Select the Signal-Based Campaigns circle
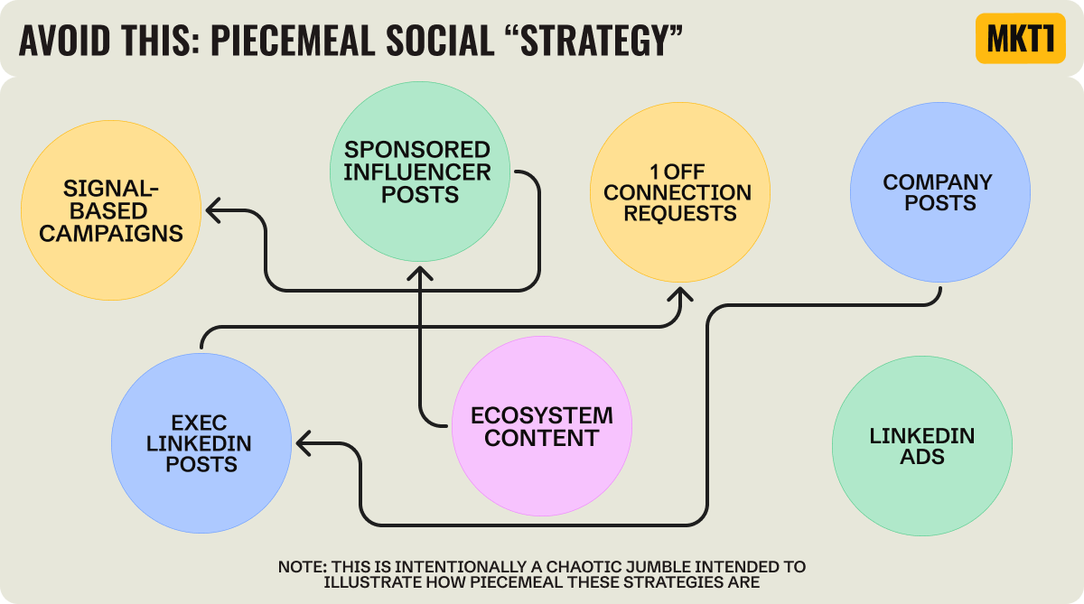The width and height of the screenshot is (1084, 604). (111, 211)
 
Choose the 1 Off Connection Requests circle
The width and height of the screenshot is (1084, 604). (678, 192)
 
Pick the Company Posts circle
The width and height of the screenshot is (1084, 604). (939, 192)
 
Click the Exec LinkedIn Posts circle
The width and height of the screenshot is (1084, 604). (201, 442)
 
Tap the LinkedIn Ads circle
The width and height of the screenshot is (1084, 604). (921, 446)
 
